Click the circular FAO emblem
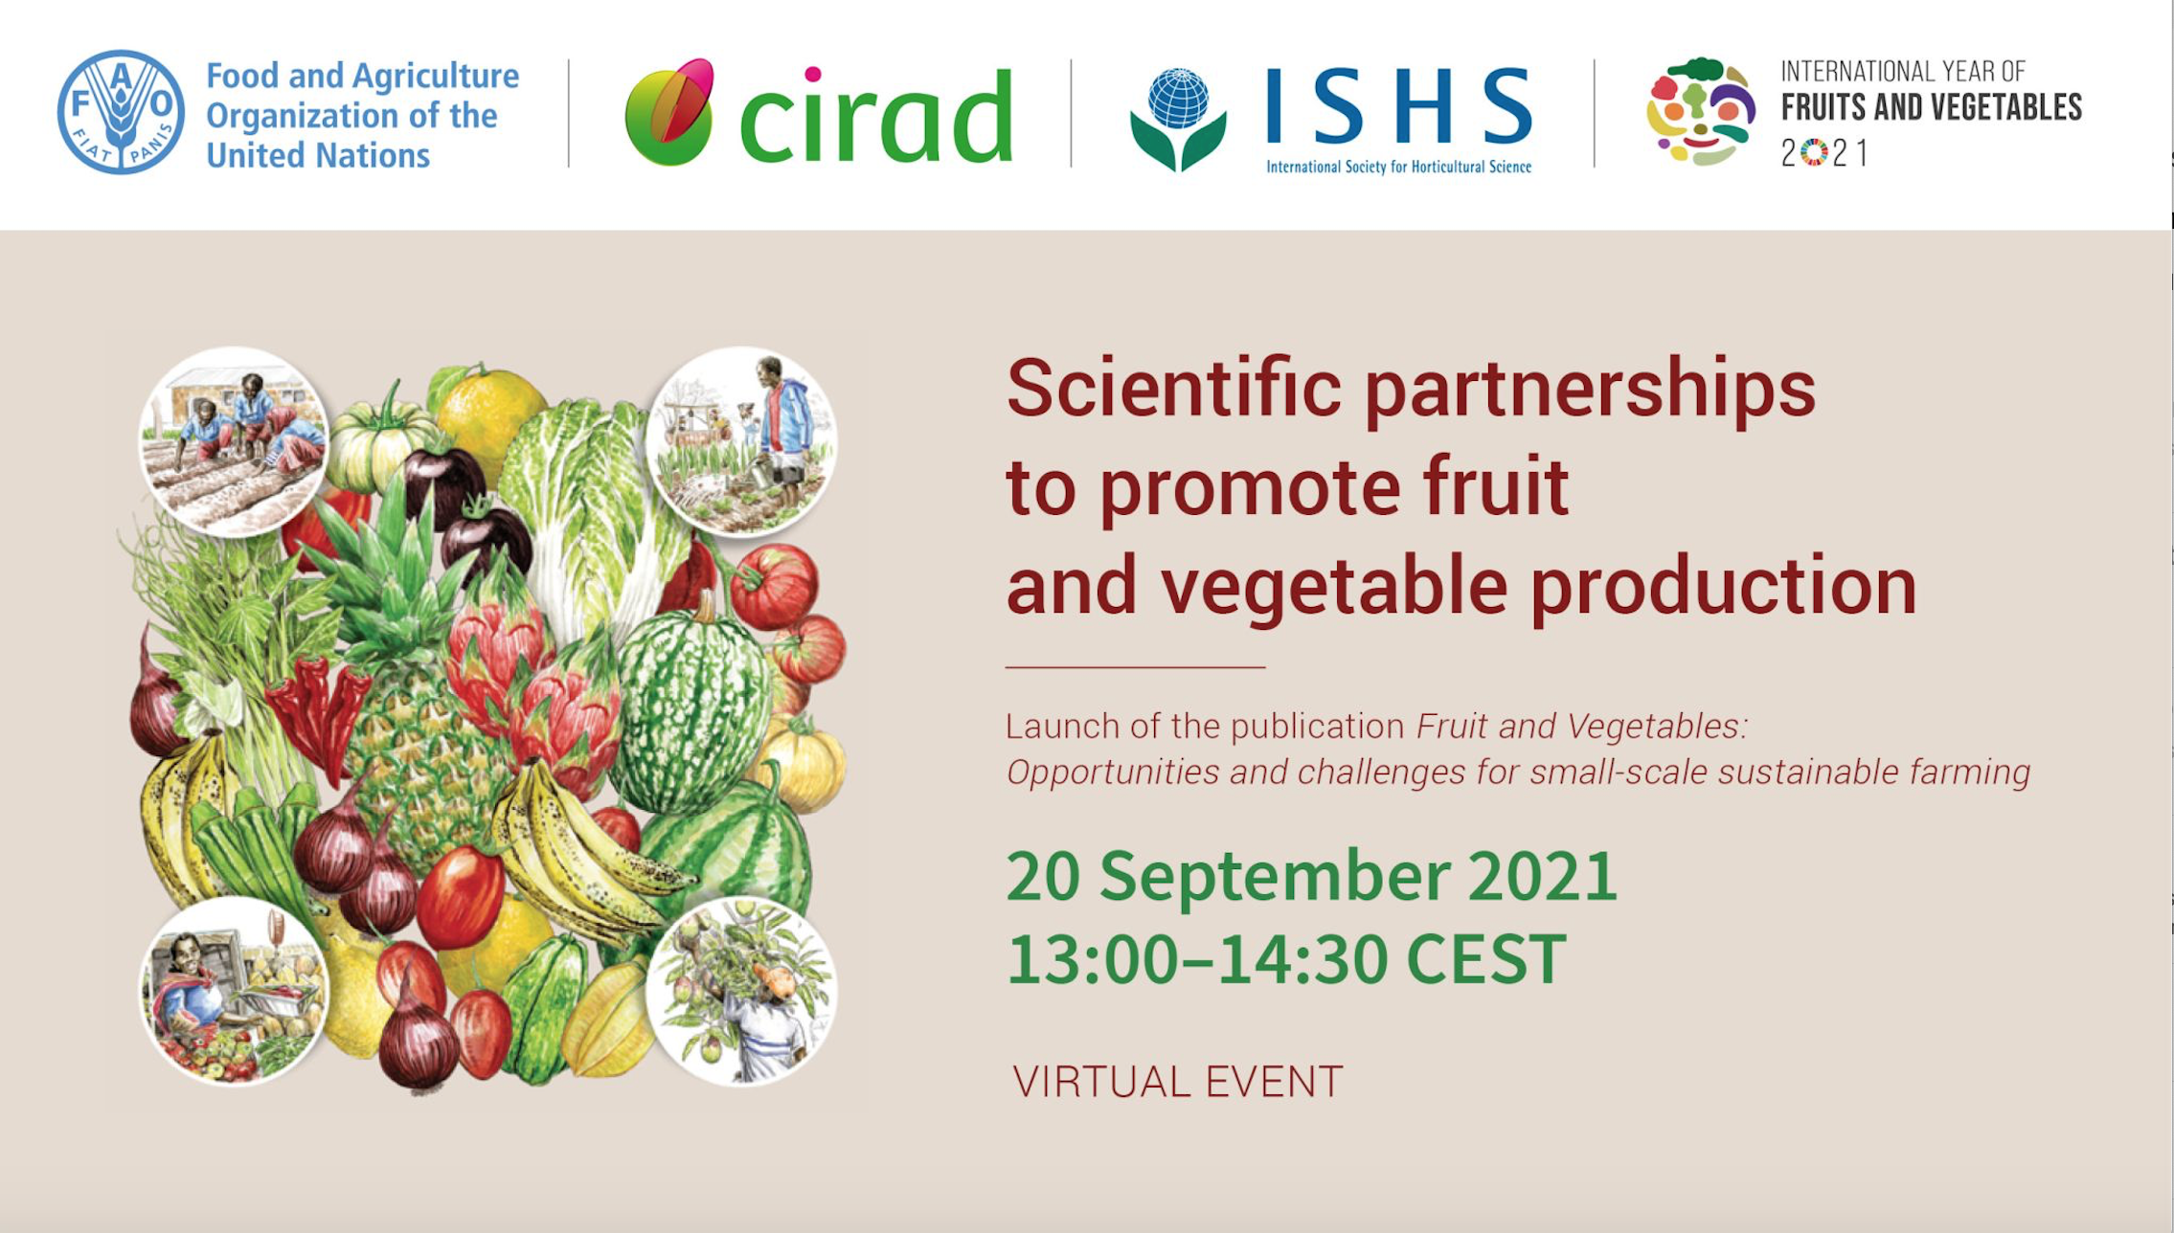pos(121,112)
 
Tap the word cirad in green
pos(876,115)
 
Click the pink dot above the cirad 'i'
pos(813,74)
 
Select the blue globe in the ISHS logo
pos(1179,98)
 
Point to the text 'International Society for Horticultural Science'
pos(1399,167)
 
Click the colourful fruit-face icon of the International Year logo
pos(1701,112)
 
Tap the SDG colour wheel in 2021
pos(1814,153)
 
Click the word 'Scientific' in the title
pos(1174,388)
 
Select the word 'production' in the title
pos(1723,586)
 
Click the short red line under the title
pos(1135,666)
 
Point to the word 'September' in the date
pos(1275,876)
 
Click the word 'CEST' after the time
pos(1485,958)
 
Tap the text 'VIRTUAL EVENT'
pos(1178,1082)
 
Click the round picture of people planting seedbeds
pos(234,441)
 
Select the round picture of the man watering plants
pos(741,441)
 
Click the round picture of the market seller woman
pos(235,992)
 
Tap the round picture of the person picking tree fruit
pos(741,992)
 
